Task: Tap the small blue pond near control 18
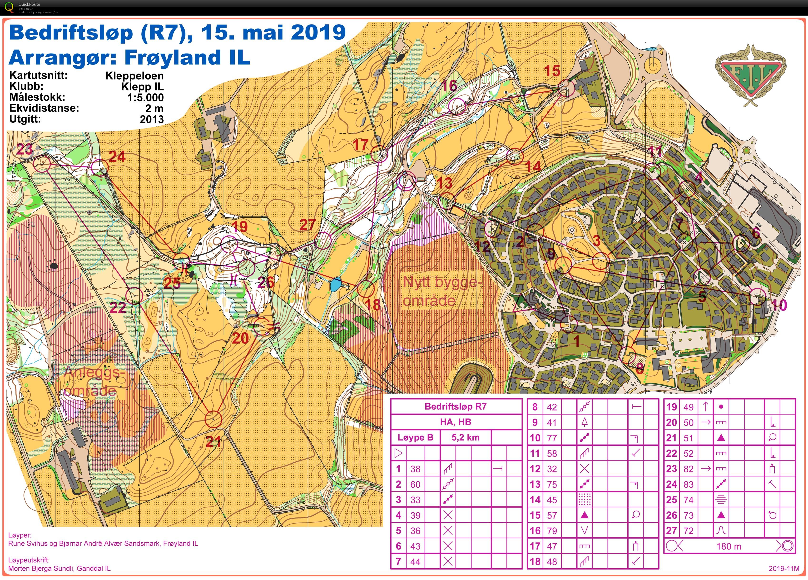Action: [x=336, y=285]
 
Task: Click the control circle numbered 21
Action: [x=214, y=419]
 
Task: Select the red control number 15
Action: [x=552, y=71]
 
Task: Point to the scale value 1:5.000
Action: [x=145, y=97]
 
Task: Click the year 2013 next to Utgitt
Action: [x=152, y=119]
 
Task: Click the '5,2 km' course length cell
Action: [x=465, y=437]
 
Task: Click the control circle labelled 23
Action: [x=42, y=164]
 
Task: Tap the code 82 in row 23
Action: [x=688, y=469]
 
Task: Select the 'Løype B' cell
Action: [x=415, y=437]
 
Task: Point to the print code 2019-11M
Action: [x=784, y=568]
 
